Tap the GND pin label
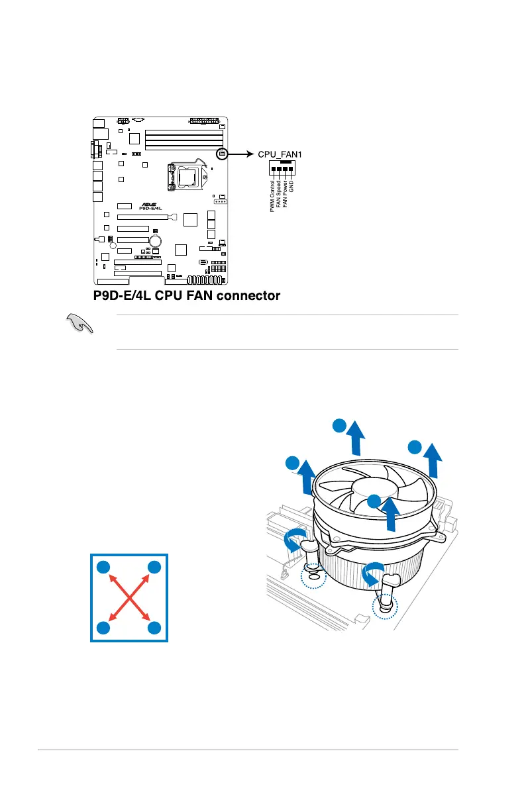coord(291,187)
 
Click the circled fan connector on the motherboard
coord(222,154)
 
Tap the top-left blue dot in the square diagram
coord(103,567)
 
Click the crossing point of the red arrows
coord(129,597)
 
